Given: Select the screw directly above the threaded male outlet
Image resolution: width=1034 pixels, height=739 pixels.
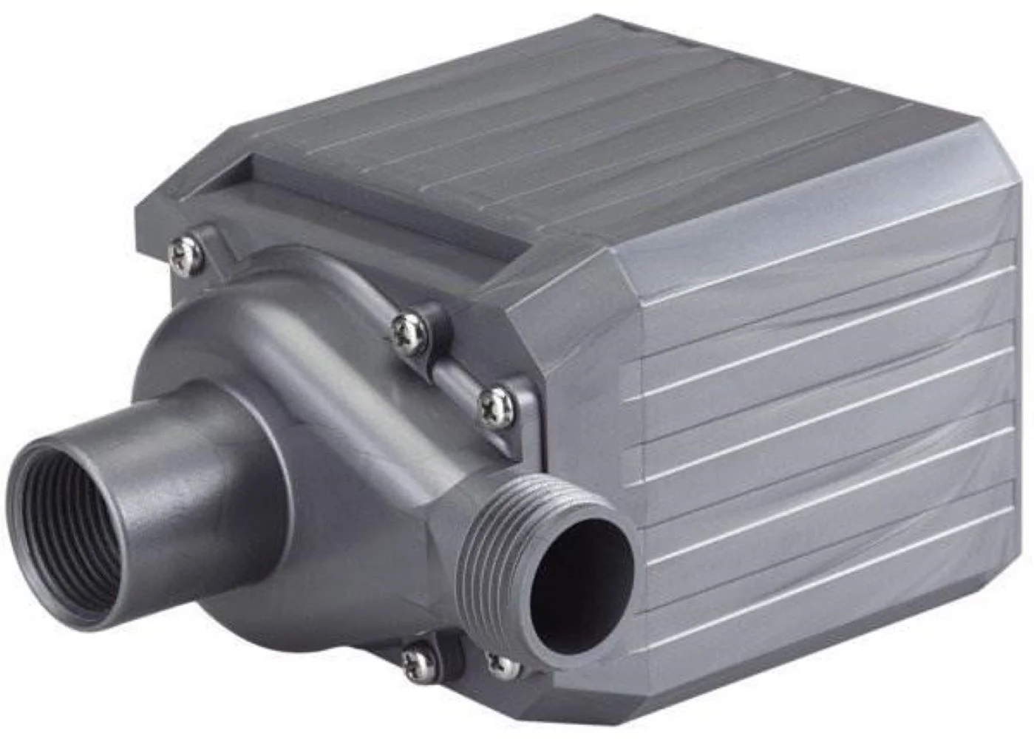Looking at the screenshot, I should coord(496,406).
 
